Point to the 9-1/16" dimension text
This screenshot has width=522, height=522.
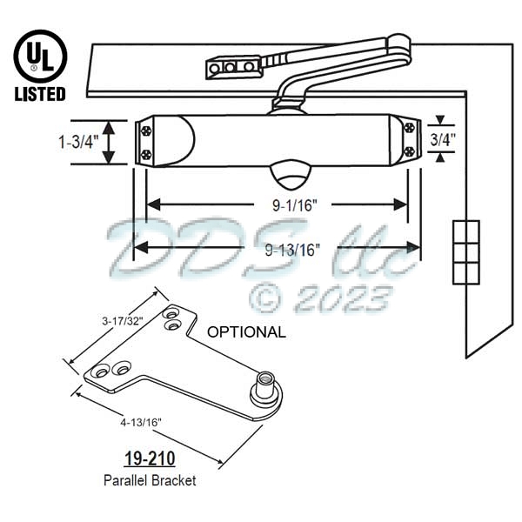(x=277, y=204)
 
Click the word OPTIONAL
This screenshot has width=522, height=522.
(x=245, y=331)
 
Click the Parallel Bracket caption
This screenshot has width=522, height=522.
(x=151, y=480)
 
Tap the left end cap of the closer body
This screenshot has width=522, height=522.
(x=146, y=142)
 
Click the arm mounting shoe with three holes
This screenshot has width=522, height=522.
(x=232, y=67)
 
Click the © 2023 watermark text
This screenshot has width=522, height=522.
(x=318, y=298)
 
